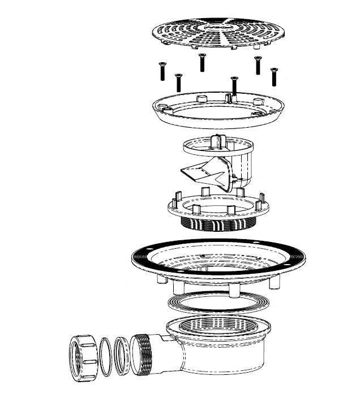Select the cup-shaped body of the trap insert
[x=243, y=167]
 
